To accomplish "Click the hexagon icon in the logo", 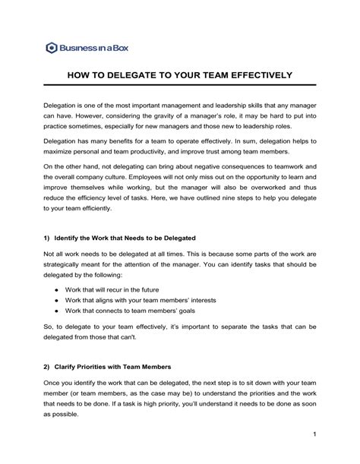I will pyautogui.click(x=51, y=47).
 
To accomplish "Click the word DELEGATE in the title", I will pyautogui.click(x=137, y=76).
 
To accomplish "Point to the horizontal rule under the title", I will pyautogui.click(x=180, y=87).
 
